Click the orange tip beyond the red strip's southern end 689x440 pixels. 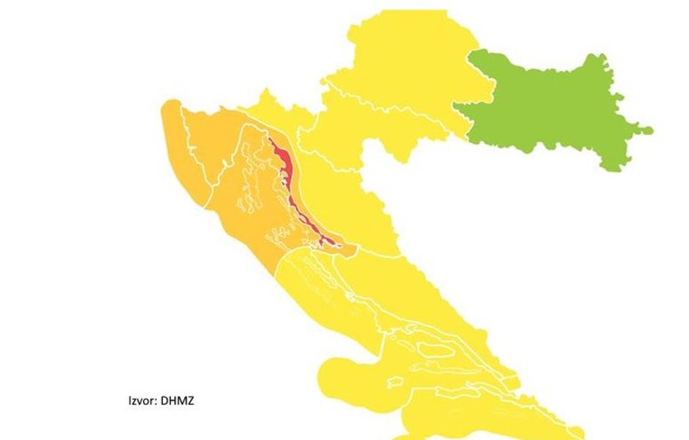pyautogui.click(x=350, y=250)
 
